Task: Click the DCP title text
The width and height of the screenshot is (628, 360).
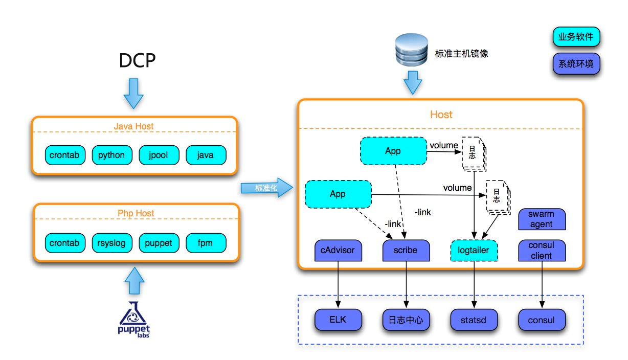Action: coord(137,61)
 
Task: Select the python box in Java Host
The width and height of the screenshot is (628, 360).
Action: coord(111,155)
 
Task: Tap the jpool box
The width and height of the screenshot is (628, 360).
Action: coord(159,155)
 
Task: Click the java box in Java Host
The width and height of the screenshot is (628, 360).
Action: coord(206,155)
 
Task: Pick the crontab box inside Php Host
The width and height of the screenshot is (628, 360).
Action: coord(64,243)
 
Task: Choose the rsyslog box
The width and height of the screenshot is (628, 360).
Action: coord(111,243)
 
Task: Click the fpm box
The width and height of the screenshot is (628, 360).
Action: coord(206,243)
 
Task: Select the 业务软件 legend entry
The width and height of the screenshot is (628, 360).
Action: coord(576,37)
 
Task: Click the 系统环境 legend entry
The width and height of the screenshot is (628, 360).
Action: coord(576,64)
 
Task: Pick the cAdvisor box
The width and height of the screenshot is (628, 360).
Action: coord(338,251)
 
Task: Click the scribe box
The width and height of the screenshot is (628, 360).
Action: coord(406,251)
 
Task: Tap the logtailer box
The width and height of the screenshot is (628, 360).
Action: coord(474,251)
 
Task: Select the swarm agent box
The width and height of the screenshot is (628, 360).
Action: coord(542,219)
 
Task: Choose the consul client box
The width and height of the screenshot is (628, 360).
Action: coord(542,251)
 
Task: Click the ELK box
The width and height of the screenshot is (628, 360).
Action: coord(338,321)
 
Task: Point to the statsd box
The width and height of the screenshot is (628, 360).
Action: coord(474,321)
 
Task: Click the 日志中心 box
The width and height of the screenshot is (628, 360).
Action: coord(406,321)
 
